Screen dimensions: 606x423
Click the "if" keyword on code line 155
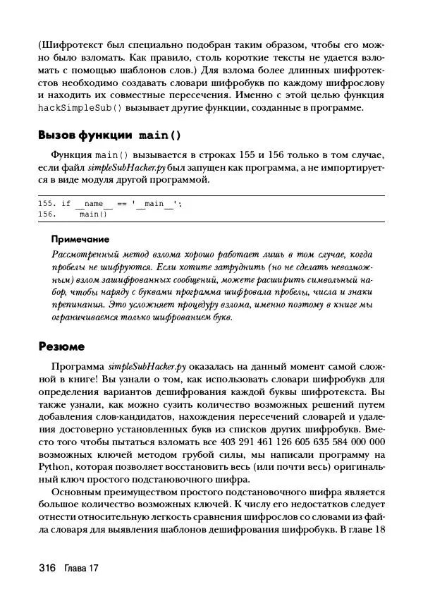tap(66, 204)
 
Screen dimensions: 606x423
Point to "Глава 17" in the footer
tap(80, 569)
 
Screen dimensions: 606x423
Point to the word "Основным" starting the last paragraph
tap(76, 492)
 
